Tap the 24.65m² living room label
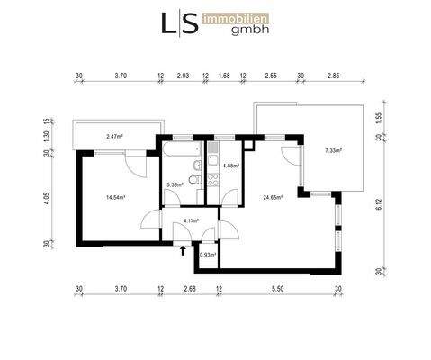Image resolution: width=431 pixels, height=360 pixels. click(x=273, y=197)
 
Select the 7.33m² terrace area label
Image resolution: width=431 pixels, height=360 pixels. click(x=332, y=151)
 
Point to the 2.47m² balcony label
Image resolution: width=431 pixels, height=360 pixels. click(x=114, y=137)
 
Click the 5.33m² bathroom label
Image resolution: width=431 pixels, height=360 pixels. click(x=175, y=185)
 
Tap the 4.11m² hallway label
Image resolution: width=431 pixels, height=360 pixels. click(x=190, y=220)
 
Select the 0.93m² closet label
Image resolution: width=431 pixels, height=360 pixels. click(x=207, y=255)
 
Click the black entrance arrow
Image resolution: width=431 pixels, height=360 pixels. click(x=184, y=252)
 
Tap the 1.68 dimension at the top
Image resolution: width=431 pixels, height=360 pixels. click(x=224, y=76)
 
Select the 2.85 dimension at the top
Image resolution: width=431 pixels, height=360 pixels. click(x=334, y=76)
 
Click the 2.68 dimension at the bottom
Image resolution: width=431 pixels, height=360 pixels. click(x=189, y=289)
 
